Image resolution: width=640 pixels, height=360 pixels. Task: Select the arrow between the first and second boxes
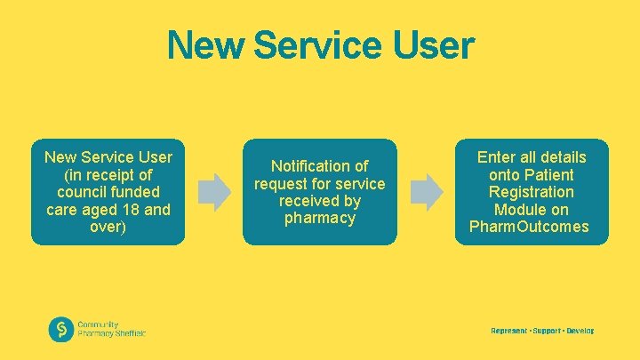click(213, 188)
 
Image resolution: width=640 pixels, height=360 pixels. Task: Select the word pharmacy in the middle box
click(319, 218)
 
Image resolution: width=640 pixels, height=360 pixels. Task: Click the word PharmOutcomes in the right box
click(528, 227)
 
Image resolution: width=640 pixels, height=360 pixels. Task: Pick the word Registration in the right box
click(532, 192)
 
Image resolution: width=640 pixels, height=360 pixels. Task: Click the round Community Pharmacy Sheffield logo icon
click(61, 330)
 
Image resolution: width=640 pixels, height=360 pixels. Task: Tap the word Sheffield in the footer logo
click(128, 333)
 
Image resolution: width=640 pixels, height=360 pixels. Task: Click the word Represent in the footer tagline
click(508, 331)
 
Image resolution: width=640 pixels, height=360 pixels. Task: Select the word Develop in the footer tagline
click(580, 331)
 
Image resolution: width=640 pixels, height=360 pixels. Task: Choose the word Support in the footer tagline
click(547, 331)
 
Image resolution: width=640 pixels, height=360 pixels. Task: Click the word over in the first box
click(108, 227)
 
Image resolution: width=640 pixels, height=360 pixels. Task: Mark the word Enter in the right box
click(497, 157)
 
